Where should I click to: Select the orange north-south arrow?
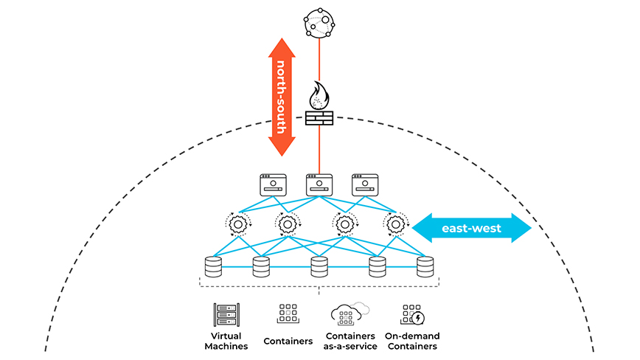tap(281, 97)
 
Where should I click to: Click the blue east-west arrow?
tap(472, 228)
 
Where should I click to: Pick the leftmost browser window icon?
tap(273, 184)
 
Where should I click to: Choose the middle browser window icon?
tap(319, 184)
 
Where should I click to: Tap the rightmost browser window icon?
tap(365, 184)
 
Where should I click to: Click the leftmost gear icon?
tap(238, 223)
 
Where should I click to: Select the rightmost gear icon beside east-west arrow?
tap(396, 223)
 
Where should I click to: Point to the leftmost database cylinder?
tap(213, 266)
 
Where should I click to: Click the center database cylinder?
tap(319, 266)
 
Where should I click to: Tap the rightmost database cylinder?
tap(425, 266)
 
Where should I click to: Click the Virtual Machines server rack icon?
tap(224, 315)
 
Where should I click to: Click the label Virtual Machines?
tap(224, 341)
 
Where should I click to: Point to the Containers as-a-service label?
tap(349, 341)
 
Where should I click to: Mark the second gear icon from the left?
tap(288, 223)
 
